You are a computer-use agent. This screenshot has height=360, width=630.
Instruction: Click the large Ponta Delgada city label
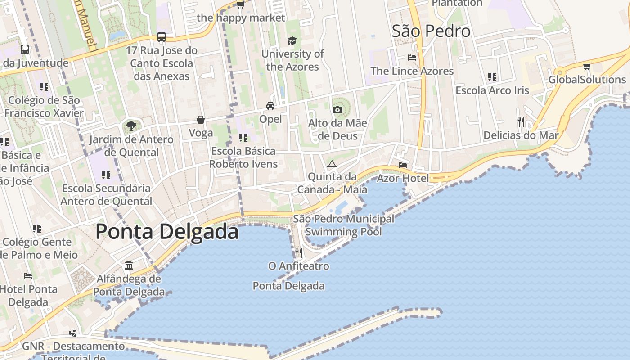167,232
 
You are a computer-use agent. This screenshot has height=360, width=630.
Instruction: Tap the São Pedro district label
431,31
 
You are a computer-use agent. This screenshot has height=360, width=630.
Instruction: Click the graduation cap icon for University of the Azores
292,40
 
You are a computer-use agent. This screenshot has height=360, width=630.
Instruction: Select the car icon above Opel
270,106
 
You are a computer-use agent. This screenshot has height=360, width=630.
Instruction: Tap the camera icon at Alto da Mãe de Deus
337,110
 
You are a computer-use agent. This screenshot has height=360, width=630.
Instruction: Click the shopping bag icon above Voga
201,120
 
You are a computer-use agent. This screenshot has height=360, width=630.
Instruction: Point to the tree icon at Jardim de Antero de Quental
131,126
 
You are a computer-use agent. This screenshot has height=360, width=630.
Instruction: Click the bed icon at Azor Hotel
402,165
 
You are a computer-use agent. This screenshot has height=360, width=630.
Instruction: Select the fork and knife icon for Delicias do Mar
521,121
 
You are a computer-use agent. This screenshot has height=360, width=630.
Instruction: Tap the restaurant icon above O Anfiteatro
298,252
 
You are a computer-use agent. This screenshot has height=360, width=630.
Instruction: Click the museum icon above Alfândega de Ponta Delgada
129,265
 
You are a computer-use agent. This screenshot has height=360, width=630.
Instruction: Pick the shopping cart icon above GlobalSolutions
587,67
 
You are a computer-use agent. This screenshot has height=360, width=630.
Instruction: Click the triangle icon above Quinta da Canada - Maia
332,164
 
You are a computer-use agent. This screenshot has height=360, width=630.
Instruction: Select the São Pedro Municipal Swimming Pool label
344,225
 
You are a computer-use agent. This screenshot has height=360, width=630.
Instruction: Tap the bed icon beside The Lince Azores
412,58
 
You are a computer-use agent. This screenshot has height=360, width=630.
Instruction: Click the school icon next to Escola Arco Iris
492,77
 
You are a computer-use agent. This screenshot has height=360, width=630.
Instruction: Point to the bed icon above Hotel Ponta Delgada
28,275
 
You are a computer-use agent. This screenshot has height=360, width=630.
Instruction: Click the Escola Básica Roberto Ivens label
243,157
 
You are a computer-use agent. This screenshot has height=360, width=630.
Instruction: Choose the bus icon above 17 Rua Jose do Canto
162,37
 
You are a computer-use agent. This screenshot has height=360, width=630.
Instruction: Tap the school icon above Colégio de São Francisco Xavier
44,86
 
